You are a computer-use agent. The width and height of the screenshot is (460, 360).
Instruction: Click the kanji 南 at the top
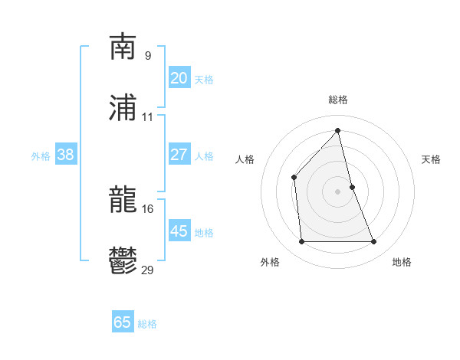pyautogui.click(x=123, y=47)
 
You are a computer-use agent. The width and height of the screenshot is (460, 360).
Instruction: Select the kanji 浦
pyautogui.click(x=123, y=109)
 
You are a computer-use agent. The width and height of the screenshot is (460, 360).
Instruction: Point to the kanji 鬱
pyautogui.click(x=123, y=262)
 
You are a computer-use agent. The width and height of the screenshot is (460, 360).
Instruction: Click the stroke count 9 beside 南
pyautogui.click(x=148, y=55)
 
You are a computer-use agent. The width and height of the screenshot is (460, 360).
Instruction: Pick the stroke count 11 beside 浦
pyautogui.click(x=148, y=117)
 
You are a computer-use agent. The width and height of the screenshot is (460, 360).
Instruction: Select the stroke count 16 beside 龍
pyautogui.click(x=148, y=208)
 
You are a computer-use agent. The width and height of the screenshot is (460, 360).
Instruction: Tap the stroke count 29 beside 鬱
pyautogui.click(x=148, y=270)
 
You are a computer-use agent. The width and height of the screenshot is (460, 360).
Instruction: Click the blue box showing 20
pyautogui.click(x=179, y=78)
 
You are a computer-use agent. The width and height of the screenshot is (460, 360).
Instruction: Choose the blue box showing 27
pyautogui.click(x=179, y=155)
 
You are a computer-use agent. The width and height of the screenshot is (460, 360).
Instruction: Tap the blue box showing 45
pyautogui.click(x=179, y=231)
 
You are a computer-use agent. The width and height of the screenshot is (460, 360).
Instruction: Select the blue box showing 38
pyautogui.click(x=66, y=155)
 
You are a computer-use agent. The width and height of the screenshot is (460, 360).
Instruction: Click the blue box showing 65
pyautogui.click(x=123, y=322)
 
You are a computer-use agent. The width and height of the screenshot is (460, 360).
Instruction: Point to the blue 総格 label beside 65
pyautogui.click(x=147, y=324)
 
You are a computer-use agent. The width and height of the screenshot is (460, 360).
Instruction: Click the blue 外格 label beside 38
pyautogui.click(x=41, y=156)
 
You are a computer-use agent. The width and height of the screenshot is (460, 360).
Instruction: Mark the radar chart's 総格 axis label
pyautogui.click(x=338, y=100)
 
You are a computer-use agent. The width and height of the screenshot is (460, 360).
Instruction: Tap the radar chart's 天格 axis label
pyautogui.click(x=432, y=159)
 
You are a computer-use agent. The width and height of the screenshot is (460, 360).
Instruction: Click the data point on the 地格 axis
pyautogui.click(x=373, y=242)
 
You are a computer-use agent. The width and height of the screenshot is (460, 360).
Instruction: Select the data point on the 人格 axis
pyautogui.click(x=294, y=177)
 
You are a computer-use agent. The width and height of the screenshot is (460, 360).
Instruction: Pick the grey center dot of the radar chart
pyautogui.click(x=338, y=191)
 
